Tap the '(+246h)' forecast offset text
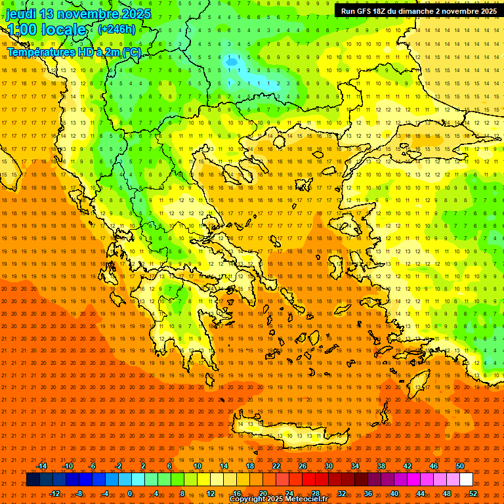click(x=117, y=30)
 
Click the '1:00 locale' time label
click(x=46, y=30)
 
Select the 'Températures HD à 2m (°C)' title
click(x=73, y=52)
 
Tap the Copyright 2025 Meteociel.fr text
click(x=278, y=499)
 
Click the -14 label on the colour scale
click(x=41, y=466)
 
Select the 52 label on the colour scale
click(x=473, y=493)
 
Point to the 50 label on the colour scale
click(x=460, y=466)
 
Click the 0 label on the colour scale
click(x=129, y=493)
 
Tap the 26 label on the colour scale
click(x=303, y=466)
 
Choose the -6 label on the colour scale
click(x=93, y=466)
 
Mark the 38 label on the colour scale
click(x=381, y=466)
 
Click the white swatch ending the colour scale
click(x=466, y=480)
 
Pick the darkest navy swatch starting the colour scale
click(x=33, y=480)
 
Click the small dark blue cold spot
click(x=232, y=62)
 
